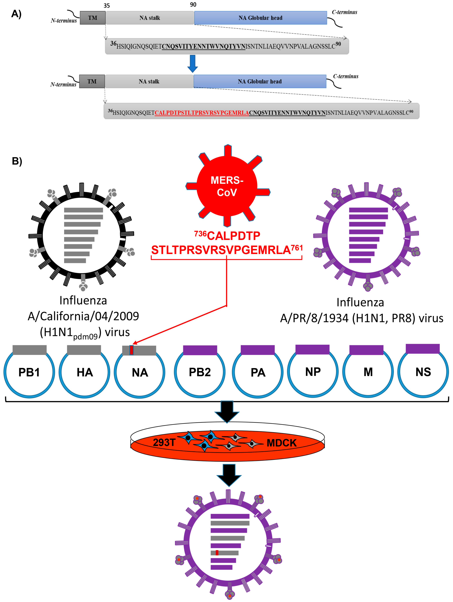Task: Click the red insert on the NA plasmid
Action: [x=132, y=350]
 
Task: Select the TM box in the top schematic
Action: [x=92, y=18]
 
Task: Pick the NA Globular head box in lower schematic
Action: [x=260, y=81]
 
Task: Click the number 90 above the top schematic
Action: [x=193, y=5]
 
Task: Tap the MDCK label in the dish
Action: [x=282, y=443]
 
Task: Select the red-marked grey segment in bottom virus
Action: [x=224, y=553]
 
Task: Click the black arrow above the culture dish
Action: [x=227, y=411]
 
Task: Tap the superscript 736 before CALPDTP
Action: [x=200, y=234]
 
